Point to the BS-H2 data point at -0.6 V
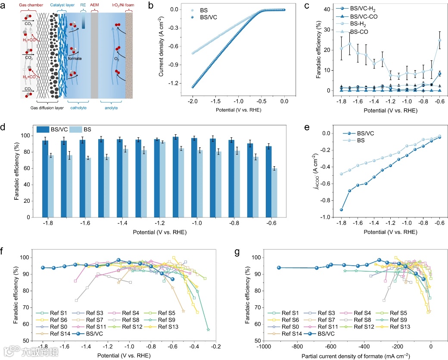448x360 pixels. (439, 40)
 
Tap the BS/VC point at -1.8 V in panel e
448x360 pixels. (342, 210)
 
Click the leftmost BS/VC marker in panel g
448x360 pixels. (279, 267)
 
